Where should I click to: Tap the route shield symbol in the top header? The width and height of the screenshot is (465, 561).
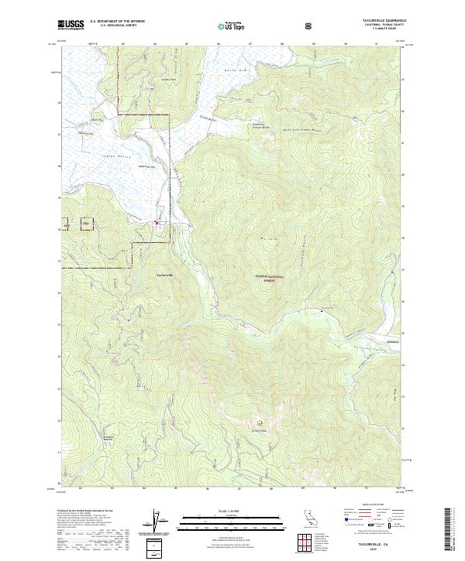[310, 26]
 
